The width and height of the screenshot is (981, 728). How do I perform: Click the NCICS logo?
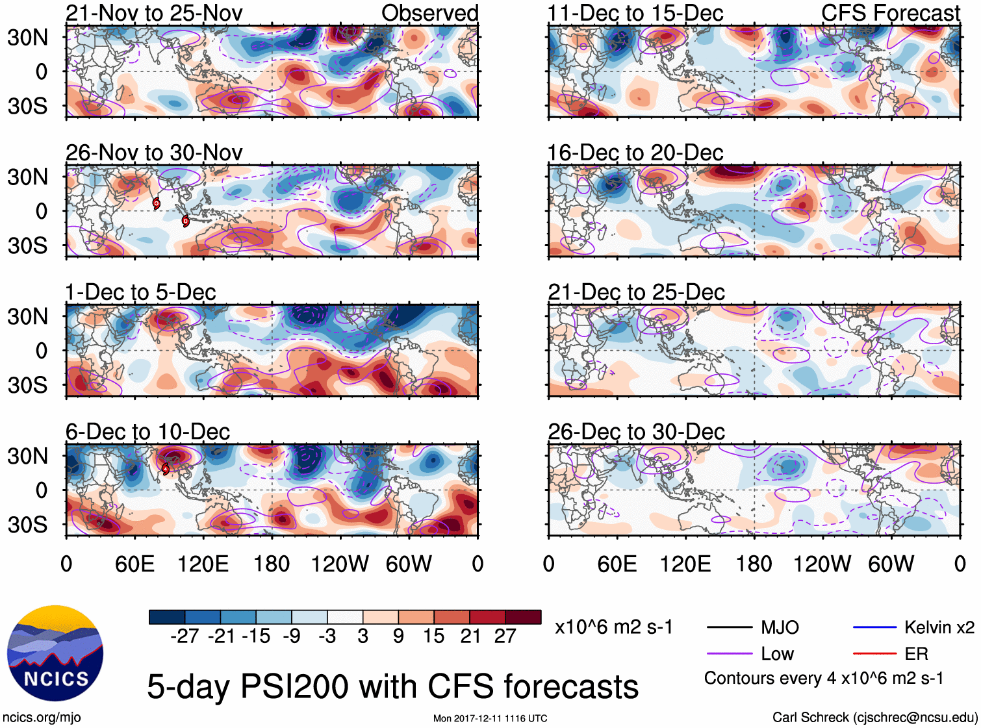tap(55, 653)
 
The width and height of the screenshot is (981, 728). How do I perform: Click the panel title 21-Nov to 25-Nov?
tap(154, 13)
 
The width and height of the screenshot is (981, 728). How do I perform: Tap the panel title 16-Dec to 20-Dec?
tap(635, 153)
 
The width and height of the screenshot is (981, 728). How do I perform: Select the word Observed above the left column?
tap(429, 13)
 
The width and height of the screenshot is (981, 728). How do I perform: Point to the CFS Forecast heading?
tap(890, 13)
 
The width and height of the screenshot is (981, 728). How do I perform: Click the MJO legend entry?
tap(780, 627)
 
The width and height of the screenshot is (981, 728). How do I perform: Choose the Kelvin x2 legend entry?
tap(939, 627)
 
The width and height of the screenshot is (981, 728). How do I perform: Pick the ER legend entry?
tap(916, 654)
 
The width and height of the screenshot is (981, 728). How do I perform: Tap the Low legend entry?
tap(777, 654)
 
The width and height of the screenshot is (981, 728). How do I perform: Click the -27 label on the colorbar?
tap(185, 636)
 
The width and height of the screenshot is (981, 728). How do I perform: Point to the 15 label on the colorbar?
tap(433, 636)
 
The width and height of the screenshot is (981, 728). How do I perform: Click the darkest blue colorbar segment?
tap(167, 617)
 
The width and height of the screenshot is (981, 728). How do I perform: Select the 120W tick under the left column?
tap(340, 564)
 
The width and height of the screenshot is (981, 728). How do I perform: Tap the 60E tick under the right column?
tap(617, 564)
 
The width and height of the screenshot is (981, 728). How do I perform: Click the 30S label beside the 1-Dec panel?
tap(27, 385)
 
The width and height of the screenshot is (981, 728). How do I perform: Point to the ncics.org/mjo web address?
tap(42, 718)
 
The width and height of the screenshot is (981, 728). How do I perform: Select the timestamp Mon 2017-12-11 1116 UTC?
tap(490, 718)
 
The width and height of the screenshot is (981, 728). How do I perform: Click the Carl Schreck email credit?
tap(874, 718)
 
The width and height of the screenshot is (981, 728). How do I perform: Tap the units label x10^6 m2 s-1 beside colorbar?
tap(613, 627)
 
